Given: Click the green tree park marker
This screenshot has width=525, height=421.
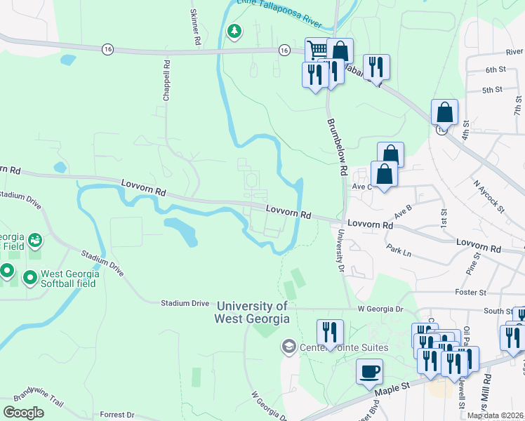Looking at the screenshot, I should point(234,32).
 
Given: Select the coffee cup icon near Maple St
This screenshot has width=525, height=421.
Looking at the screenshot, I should point(369,371).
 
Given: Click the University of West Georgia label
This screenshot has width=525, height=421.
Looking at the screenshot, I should point(252,312).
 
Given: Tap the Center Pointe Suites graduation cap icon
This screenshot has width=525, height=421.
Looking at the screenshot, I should point(288,346).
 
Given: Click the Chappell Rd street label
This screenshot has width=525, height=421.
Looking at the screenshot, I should point(167,80).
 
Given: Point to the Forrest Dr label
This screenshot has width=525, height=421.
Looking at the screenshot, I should point(117,414).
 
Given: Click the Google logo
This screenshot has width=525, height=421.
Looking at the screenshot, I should point(23,413).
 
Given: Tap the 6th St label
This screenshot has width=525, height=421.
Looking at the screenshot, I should point(495,69).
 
